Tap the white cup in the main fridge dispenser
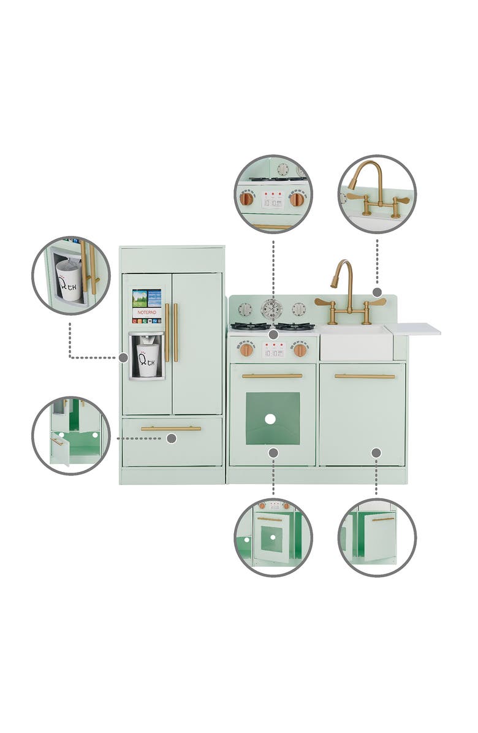(x=147, y=359)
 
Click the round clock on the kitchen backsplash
(x=271, y=309)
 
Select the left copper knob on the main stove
(x=246, y=350)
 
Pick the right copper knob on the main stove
(x=300, y=350)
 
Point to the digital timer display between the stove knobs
(x=273, y=350)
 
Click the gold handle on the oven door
(x=272, y=376)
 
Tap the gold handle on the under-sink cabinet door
(x=365, y=376)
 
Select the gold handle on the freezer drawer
(x=171, y=428)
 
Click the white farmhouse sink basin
(x=356, y=343)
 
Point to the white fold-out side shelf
(x=413, y=330)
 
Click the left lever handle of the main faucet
(x=324, y=302)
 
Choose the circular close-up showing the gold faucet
(x=377, y=194)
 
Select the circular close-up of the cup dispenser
(x=71, y=275)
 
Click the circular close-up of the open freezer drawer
(x=71, y=435)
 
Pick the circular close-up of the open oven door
(x=273, y=537)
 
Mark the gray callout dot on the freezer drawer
(x=172, y=438)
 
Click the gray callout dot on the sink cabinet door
(x=376, y=452)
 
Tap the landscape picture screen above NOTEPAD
(x=147, y=298)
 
